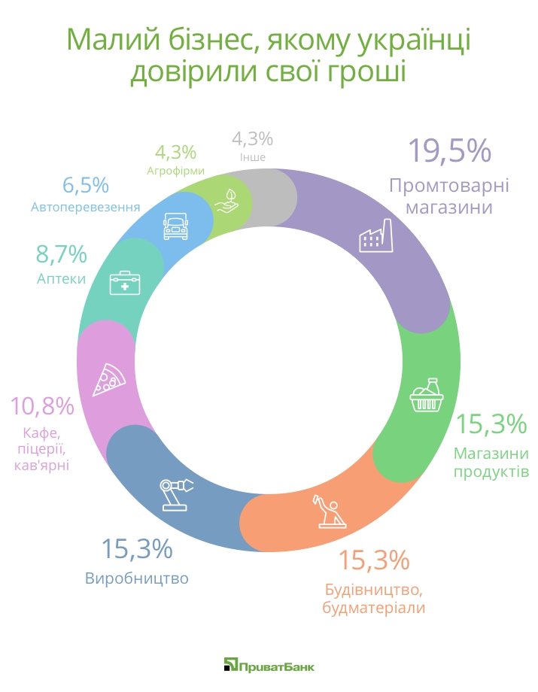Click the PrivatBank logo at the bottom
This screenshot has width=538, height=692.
click(x=269, y=665)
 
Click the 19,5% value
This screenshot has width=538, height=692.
click(x=449, y=151)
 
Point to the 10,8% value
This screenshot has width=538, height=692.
click(x=42, y=407)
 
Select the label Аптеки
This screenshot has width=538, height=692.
click(x=61, y=279)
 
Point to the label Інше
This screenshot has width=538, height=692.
click(x=252, y=158)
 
